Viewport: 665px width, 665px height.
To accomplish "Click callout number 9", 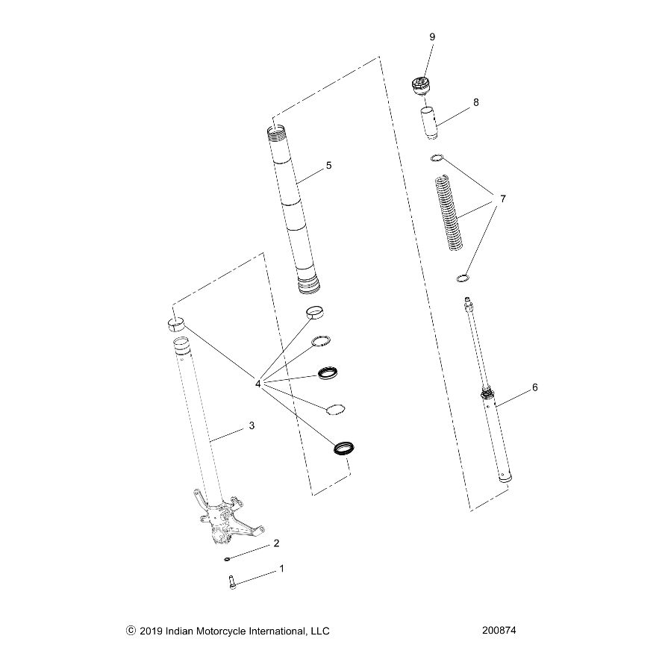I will [432, 37].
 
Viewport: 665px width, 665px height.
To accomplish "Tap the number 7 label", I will [503, 199].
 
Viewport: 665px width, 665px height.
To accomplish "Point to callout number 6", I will [534, 387].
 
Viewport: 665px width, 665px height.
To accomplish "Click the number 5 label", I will [329, 166].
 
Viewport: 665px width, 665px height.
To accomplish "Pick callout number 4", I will [257, 384].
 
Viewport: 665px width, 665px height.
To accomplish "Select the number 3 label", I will [252, 426].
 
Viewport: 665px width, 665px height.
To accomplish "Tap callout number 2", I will [276, 543].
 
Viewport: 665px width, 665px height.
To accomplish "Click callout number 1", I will [281, 569].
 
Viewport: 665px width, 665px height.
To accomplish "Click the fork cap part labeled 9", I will [423, 87].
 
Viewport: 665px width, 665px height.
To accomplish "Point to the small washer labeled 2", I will [227, 558].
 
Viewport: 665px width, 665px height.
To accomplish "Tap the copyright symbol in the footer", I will [131, 631].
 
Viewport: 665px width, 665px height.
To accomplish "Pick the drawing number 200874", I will [499, 631].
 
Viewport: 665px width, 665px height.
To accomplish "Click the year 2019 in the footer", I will [154, 631].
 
